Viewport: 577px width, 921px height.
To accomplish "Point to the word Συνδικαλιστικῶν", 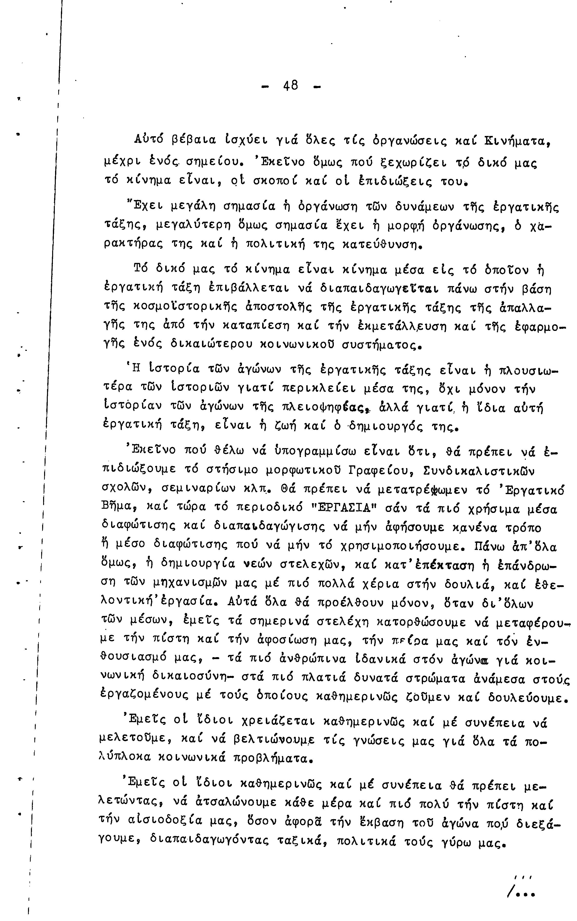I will click(480, 471).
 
